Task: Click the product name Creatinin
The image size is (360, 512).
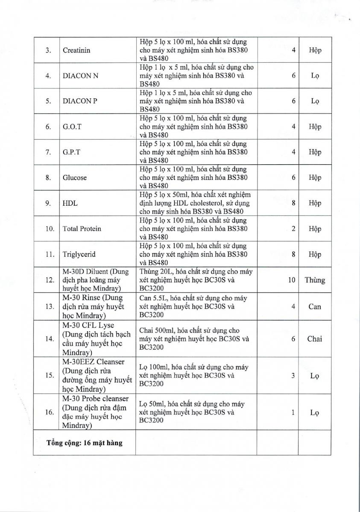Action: (x=76, y=50)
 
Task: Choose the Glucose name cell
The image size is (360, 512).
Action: (x=75, y=177)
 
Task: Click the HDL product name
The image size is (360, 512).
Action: (x=70, y=203)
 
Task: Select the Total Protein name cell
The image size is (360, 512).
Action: (x=82, y=229)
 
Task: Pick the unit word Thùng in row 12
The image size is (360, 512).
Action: (x=315, y=280)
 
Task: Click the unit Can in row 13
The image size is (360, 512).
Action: (x=315, y=306)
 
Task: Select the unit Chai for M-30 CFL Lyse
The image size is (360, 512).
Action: (x=315, y=339)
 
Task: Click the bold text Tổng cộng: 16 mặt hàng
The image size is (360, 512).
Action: (x=84, y=443)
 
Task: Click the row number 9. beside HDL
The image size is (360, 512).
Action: (x=49, y=203)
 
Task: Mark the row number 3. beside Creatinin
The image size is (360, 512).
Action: (x=49, y=50)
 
